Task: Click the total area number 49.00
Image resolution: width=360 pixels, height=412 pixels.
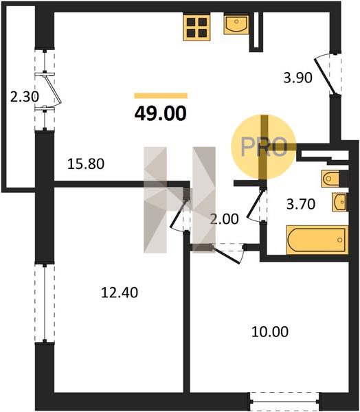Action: coord(160,113)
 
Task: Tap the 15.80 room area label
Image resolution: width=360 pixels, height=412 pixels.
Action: coord(86,164)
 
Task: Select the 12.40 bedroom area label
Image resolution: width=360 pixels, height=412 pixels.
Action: coord(120,293)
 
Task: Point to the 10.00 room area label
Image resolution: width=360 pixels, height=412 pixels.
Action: coord(270,332)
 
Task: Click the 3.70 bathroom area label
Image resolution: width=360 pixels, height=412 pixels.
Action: coord(300,204)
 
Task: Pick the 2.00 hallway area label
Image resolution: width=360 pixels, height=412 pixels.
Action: coord(224,219)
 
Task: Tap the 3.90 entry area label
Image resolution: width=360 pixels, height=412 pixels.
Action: coord(297,78)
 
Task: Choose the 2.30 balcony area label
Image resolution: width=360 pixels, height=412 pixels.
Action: coord(25,97)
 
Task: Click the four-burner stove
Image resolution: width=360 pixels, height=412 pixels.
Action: coord(197,27)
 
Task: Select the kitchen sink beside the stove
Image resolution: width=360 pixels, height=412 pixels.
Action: coord(236,25)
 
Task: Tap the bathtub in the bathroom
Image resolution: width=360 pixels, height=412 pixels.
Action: coord(317,240)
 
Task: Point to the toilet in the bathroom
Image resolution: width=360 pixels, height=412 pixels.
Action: coord(331,179)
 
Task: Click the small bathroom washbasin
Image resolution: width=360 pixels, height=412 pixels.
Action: coord(339,202)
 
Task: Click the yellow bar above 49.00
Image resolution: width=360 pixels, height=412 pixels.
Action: coord(161,95)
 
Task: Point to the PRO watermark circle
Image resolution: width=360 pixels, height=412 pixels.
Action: coord(264,147)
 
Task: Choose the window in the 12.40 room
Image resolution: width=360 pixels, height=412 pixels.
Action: coord(45,303)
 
